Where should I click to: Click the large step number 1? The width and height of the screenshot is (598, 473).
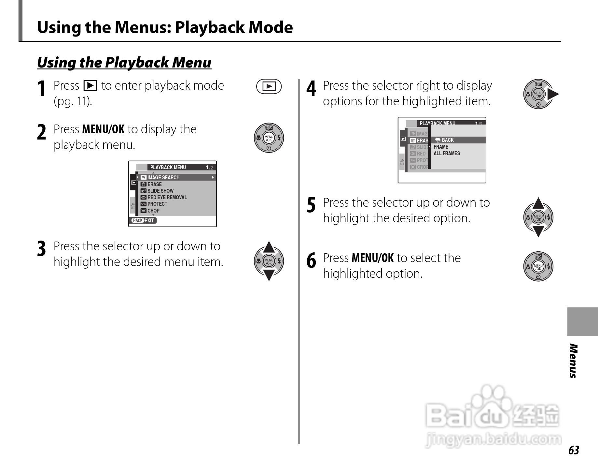coord(41,89)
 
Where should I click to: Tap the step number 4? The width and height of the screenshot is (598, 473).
coord(311,89)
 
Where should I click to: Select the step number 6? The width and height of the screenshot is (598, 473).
coord(311,261)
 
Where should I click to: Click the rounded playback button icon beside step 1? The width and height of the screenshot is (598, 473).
coord(269,86)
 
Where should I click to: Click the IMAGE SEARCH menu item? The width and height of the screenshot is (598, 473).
coord(163,177)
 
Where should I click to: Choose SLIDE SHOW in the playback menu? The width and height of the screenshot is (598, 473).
coord(160,191)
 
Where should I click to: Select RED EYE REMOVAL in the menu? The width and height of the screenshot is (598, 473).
coord(167,197)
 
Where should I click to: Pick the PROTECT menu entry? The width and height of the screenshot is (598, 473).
coord(157,204)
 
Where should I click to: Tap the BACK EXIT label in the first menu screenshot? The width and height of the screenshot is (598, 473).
coord(144,220)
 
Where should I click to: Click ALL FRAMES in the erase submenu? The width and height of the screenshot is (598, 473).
coord(447,153)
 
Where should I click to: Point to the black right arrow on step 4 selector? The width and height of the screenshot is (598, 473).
coord(553,95)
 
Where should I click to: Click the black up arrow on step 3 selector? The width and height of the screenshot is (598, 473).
coord(269,247)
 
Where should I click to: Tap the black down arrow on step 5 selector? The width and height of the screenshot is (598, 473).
coord(538,231)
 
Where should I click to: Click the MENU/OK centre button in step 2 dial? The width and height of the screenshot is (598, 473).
coord(269,138)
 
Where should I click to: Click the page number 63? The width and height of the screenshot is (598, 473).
coord(574,450)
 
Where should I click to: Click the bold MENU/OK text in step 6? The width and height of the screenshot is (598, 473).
coord(373,258)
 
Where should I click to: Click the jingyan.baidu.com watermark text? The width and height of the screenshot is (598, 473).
coord(493,440)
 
